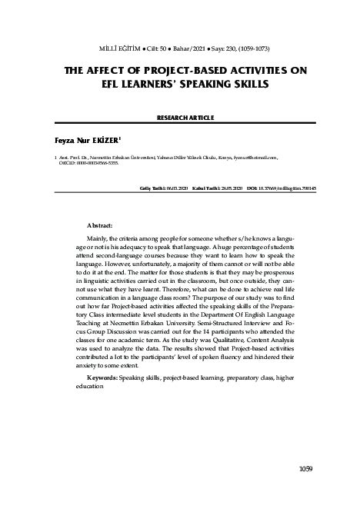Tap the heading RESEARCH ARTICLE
[180, 118]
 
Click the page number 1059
[308, 467]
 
